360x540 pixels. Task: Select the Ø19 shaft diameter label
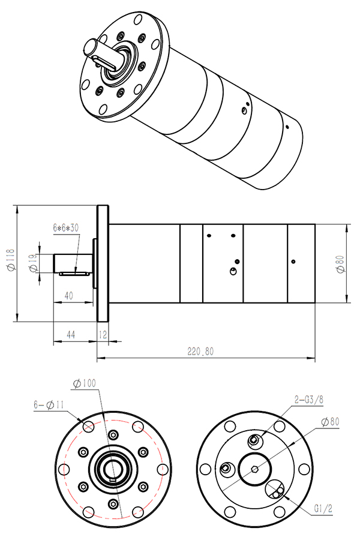point(34,263)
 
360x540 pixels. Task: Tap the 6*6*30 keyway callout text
point(66,228)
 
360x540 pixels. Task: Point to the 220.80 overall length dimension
point(200,352)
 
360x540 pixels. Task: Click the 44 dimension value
point(71,334)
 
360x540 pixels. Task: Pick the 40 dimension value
point(68,296)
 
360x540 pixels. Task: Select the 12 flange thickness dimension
point(103,334)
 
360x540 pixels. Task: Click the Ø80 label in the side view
point(340,264)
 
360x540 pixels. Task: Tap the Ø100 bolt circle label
point(85,383)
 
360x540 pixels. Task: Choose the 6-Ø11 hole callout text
point(49,404)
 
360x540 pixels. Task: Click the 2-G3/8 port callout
point(309,400)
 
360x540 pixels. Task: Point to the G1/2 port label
point(323,509)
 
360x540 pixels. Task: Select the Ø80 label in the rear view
point(330,422)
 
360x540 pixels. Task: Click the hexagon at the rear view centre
point(254,469)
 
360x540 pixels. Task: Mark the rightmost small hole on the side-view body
point(293,262)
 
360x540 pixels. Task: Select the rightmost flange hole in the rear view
point(304,469)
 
